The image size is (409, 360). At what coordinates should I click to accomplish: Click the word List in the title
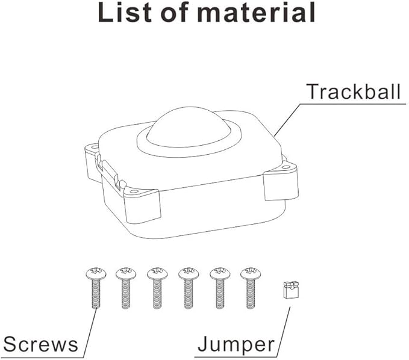coord(125,11)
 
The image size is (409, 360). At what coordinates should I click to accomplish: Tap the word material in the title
coord(257,11)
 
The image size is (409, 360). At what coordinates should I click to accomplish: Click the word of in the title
coord(175,11)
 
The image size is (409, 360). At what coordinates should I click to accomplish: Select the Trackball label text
coord(354,92)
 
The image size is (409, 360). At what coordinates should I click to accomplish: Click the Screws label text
coord(40,344)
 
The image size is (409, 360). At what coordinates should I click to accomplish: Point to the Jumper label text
coord(236,344)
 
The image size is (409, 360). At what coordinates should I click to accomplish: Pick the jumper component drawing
coord(291,290)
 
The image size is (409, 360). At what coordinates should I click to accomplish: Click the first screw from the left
coord(96,288)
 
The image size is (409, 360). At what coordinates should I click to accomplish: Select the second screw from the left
coord(126,288)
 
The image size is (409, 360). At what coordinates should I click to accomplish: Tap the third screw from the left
coord(157,288)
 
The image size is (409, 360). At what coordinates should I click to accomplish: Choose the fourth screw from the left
coord(189,288)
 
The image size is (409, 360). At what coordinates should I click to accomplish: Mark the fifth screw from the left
coord(220,288)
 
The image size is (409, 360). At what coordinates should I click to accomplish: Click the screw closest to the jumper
coord(251,288)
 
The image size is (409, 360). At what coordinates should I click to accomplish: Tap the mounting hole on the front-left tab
coord(134,191)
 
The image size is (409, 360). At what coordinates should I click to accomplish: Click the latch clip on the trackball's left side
coord(110,171)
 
